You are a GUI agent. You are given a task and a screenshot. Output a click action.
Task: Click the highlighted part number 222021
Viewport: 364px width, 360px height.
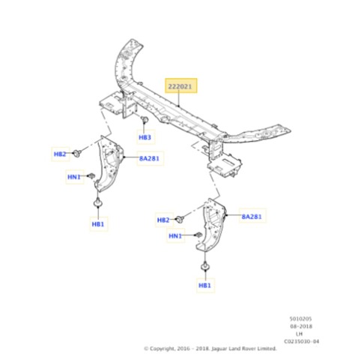[181, 86]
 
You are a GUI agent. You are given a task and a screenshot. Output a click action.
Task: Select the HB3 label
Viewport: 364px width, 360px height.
[145, 137]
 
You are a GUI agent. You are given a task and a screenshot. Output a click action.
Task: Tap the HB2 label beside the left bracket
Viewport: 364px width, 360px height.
[60, 154]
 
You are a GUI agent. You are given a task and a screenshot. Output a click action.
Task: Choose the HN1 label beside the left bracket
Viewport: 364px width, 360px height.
[74, 177]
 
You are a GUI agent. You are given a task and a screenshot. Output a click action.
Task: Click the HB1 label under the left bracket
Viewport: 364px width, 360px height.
[98, 224]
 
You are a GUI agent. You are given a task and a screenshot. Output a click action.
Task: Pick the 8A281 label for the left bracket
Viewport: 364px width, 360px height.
[149, 158]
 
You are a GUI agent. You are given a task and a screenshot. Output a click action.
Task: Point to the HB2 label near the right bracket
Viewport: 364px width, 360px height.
[163, 220]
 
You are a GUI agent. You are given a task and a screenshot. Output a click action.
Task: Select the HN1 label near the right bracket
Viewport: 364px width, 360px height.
[175, 235]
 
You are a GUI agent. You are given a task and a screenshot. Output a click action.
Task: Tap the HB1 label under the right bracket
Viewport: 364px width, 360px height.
[205, 285]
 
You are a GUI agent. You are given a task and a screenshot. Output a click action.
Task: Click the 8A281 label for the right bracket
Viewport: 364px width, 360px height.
[252, 216]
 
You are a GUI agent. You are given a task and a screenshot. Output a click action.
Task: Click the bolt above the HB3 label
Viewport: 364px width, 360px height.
[145, 120]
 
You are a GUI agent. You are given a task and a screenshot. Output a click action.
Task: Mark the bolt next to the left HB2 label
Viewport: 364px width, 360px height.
[77, 153]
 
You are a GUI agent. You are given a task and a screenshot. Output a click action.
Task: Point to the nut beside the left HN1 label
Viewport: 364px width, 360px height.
[91, 175]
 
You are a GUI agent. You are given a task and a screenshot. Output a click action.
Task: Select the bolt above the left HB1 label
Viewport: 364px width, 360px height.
[98, 202]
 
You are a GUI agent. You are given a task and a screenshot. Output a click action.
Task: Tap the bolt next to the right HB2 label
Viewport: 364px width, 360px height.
[180, 219]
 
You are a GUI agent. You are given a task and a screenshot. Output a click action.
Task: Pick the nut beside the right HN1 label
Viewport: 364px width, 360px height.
[198, 235]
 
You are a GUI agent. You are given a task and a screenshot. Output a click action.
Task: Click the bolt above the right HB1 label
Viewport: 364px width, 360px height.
[205, 266]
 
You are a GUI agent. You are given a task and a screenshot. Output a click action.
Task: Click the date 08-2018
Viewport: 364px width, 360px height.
[301, 326]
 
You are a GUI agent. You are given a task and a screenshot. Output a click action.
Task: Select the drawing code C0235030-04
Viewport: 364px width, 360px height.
[301, 341]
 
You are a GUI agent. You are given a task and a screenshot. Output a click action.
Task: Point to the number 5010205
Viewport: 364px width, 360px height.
[300, 319]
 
